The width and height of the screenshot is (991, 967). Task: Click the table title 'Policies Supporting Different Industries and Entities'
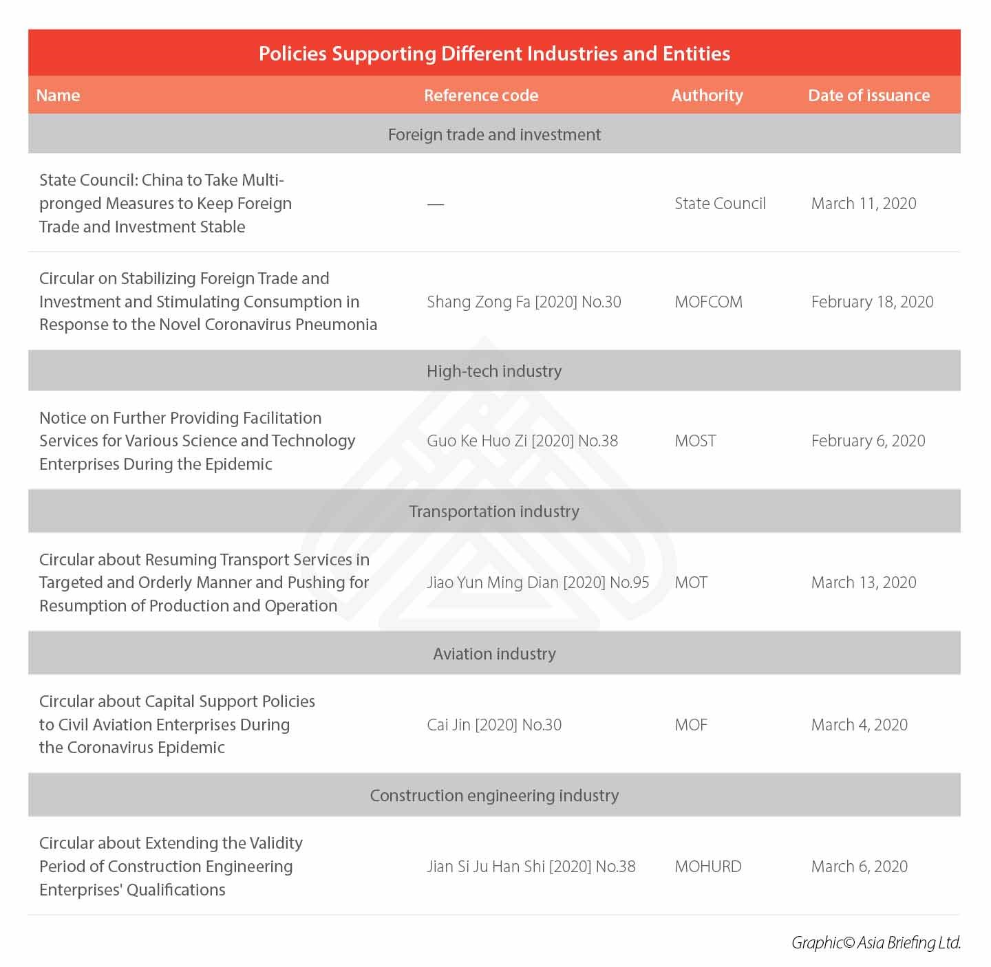[494, 54]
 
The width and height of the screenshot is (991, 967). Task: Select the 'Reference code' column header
[481, 96]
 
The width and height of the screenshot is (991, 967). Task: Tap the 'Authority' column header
[707, 96]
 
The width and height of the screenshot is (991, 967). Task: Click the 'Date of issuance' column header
[869, 96]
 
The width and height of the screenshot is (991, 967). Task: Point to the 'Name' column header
[58, 96]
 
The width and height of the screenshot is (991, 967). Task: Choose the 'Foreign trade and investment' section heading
[494, 135]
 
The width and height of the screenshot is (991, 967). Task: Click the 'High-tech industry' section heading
[494, 371]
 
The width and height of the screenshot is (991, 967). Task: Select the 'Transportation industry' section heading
[494, 512]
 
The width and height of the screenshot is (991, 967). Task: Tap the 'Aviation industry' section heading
[494, 654]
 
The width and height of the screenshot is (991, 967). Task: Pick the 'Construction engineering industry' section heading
[494, 796]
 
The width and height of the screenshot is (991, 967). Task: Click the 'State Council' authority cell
[720, 204]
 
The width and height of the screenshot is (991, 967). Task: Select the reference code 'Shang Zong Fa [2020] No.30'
[524, 302]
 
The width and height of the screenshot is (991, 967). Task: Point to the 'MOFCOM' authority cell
[708, 302]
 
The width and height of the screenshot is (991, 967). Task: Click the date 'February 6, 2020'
[868, 441]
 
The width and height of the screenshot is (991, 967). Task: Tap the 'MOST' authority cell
[695, 441]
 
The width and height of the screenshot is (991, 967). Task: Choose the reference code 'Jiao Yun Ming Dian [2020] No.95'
[537, 583]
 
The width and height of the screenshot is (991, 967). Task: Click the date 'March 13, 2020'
[864, 583]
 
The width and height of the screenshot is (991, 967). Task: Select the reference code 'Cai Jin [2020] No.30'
[494, 725]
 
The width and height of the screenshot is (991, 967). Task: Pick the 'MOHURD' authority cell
[708, 867]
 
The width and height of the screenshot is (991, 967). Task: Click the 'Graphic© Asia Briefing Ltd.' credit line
[875, 943]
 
